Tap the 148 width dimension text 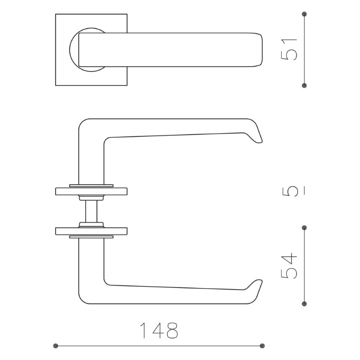click(159, 330)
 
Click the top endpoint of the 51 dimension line click(305, 14)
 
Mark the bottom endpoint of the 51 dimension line click(305, 85)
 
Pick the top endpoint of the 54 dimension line click(305, 228)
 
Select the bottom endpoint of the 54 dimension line click(305, 303)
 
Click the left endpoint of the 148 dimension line click(55, 346)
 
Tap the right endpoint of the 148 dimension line click(262, 346)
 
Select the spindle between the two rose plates click(91, 211)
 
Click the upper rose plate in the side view click(91, 191)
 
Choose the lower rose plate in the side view click(91, 231)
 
